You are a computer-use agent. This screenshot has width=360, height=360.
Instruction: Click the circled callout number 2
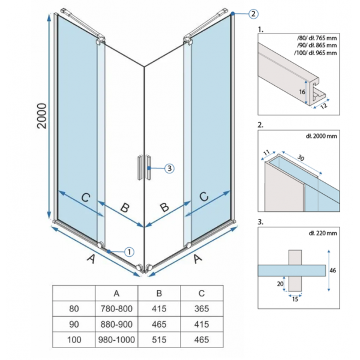coord(253,14)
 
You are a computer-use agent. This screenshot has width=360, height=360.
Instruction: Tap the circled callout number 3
coord(169,169)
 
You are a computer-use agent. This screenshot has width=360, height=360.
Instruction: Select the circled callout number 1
coord(129,252)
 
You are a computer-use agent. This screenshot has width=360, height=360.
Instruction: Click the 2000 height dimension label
coord(42,116)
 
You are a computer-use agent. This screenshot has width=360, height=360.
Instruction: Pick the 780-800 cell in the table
coord(116,309)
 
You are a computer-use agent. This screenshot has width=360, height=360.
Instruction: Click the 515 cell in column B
coord(159,340)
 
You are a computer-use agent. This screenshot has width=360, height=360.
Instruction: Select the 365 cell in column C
coord(202,309)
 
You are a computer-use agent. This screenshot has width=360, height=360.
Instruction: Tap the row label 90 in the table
coord(74,324)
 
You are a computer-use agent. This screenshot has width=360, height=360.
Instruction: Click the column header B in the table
coord(159,293)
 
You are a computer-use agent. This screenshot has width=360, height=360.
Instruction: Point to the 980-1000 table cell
coord(116,340)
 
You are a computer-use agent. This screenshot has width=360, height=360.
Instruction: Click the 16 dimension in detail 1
coord(302,92)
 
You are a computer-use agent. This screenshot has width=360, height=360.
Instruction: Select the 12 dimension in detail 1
coord(323,106)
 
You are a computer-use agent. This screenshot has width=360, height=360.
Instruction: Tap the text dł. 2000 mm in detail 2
coord(321,136)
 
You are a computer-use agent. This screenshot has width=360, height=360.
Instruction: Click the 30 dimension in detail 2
coord(301,157)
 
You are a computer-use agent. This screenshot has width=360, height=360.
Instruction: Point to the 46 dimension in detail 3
coord(332,271)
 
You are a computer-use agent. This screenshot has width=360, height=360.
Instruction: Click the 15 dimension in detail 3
coord(295,299)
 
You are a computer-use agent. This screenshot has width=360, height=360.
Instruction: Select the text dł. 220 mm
coord(323,233)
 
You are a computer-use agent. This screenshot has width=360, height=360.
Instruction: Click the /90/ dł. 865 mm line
coord(317,45)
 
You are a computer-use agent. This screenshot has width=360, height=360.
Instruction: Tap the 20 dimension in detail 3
coord(280,284)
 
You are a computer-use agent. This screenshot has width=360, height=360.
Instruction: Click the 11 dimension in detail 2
coord(266,152)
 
